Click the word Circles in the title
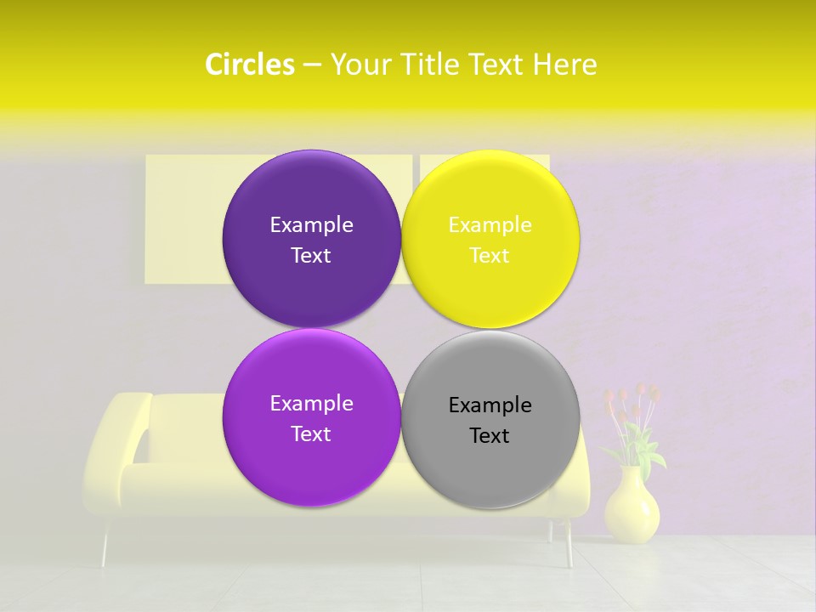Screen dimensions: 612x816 (x=249, y=65)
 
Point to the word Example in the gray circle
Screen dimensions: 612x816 (x=490, y=405)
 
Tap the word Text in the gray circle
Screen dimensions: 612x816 (x=490, y=436)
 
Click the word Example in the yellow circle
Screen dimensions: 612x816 (x=490, y=225)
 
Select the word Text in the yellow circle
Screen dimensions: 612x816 (x=490, y=256)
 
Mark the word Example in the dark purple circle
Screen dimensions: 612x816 (x=311, y=225)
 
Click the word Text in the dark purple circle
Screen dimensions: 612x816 (x=311, y=256)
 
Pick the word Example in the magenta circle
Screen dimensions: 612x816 (x=311, y=404)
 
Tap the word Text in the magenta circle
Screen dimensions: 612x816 (x=311, y=434)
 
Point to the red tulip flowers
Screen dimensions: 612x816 (x=633, y=404)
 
